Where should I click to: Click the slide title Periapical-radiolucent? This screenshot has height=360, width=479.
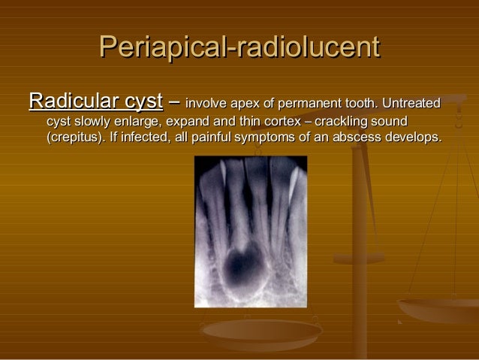239,48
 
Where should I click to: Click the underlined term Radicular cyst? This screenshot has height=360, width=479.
95,100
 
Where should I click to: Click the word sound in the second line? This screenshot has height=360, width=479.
391,121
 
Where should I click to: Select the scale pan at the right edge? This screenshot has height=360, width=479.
438,308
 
